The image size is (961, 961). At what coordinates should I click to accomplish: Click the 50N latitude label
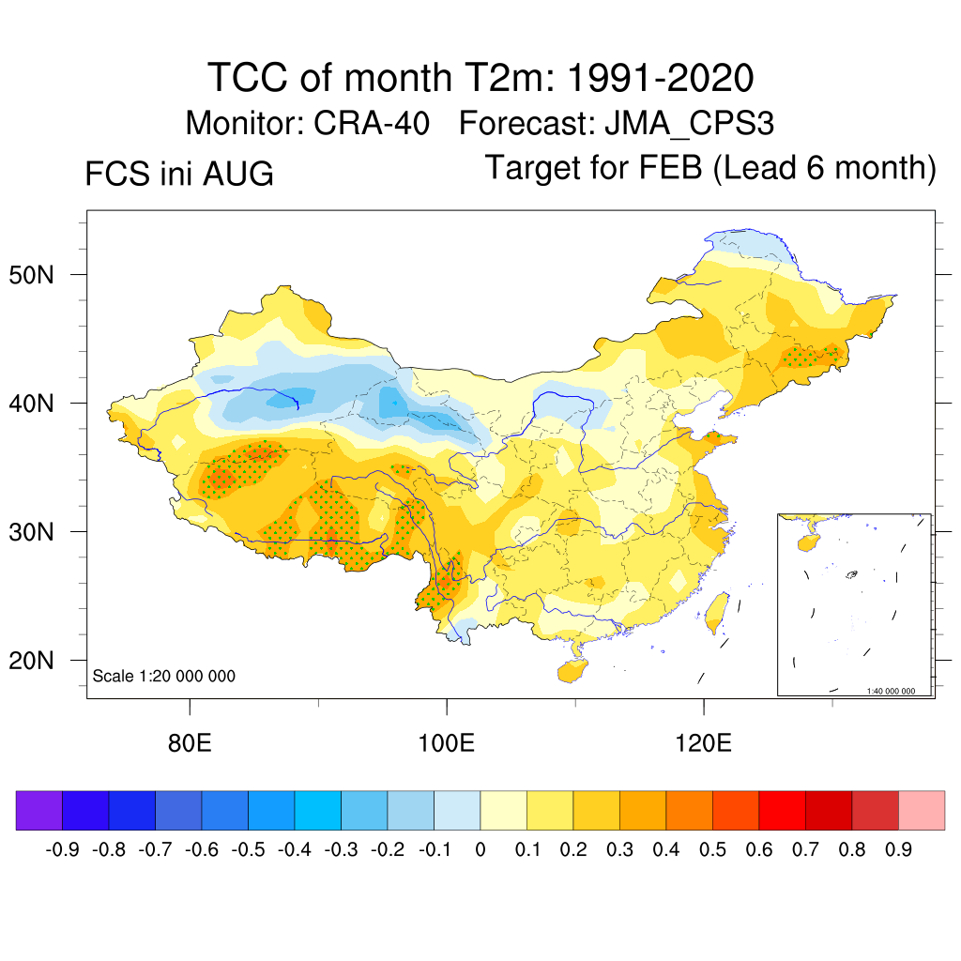31,275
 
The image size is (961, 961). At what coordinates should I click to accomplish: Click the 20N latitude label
31,661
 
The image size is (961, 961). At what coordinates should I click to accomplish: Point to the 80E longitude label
190,743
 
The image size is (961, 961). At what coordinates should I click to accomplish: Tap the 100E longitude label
446,743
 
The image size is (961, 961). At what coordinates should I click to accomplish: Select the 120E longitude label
704,743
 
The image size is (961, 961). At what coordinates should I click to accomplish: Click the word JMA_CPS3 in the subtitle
690,124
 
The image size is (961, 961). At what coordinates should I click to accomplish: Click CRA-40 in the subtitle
372,123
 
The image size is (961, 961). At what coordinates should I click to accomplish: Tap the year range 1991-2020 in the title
660,78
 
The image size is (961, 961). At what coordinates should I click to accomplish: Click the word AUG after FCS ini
238,174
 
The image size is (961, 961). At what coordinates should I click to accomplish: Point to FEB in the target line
670,167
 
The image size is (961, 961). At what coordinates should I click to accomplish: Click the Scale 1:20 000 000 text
163,676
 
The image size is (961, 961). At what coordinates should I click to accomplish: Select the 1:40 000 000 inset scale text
891,691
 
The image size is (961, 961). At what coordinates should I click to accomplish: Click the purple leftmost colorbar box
39,810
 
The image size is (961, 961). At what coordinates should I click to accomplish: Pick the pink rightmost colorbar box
922,810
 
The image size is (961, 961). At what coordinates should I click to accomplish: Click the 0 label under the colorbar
480,849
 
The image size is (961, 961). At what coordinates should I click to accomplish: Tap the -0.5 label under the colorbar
248,849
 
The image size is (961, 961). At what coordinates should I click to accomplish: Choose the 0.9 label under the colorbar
898,849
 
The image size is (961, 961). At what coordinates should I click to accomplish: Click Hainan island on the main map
572,671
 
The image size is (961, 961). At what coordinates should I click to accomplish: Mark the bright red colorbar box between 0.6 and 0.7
782,810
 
